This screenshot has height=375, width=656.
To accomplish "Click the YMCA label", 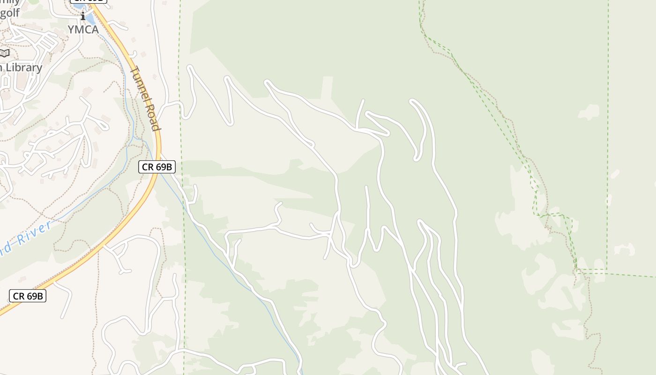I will [x=83, y=30].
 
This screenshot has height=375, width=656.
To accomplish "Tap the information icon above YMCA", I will [x=83, y=16].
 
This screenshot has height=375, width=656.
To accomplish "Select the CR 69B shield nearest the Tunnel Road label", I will [x=157, y=166].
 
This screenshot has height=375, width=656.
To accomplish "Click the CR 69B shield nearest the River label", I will [x=28, y=296].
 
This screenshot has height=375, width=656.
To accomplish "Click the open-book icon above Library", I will [x=4, y=53].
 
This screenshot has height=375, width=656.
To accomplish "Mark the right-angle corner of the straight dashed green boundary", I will [x=607, y=270].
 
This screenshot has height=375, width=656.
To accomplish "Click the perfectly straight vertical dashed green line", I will [x=608, y=141].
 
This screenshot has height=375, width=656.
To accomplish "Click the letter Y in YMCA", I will [x=71, y=30].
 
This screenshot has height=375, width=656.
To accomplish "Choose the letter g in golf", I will [x=3, y=13].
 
